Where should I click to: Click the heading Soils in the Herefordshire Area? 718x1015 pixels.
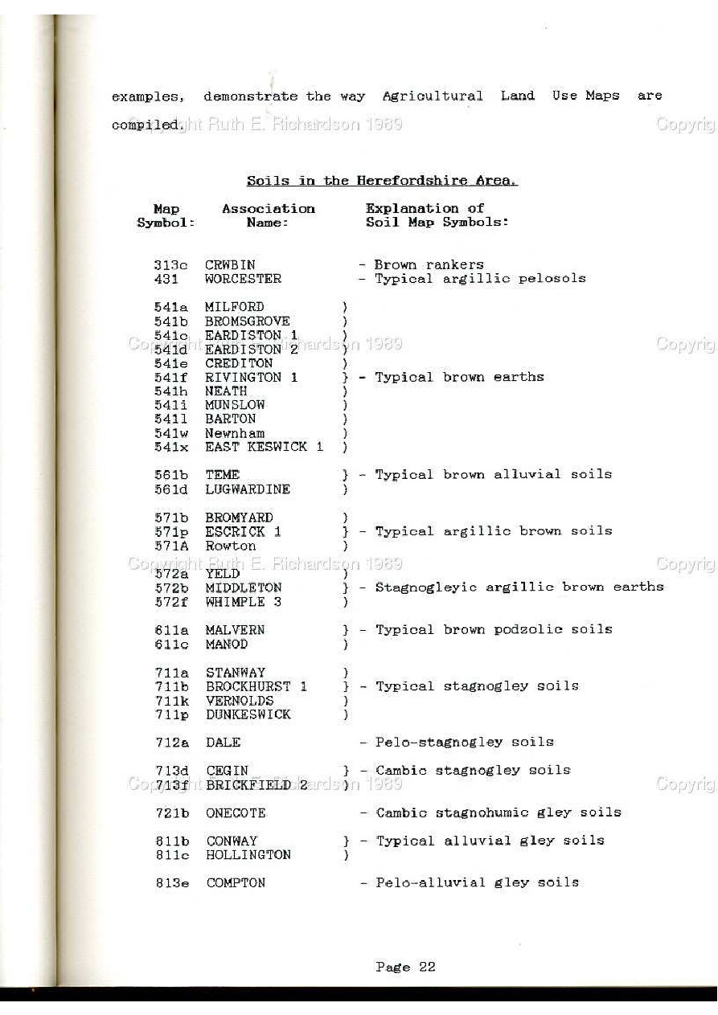pos(382,181)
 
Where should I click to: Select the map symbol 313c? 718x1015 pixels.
pos(170,265)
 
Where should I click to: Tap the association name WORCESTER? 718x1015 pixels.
pos(243,279)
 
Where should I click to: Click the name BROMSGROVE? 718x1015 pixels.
pos(247,321)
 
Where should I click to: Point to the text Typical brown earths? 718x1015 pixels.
pos(459,377)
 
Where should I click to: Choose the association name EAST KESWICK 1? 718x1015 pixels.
pos(264,448)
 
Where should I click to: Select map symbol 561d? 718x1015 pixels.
pos(171,489)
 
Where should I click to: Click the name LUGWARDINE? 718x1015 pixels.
pos(248,489)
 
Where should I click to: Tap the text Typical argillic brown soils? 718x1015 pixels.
pos(493,531)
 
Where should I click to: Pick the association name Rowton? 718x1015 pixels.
pos(230,546)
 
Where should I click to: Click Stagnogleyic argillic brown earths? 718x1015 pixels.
pos(519,587)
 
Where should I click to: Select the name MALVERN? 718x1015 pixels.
pos(235,630)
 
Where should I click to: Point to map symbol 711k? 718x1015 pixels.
pos(172,701)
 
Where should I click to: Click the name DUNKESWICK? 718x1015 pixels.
pos(248,714)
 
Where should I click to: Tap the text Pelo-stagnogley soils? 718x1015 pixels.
pos(464,742)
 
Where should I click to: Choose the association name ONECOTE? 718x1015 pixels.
pos(235,813)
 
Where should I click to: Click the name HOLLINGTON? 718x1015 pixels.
pos(248,855)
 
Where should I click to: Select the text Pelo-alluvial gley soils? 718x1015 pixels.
pos(477,882)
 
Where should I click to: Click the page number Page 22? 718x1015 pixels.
pos(405,968)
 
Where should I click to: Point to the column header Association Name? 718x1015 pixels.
pos(269,215)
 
